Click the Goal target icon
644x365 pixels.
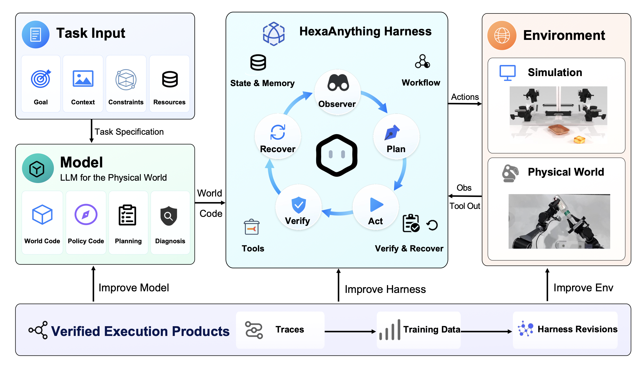[x=41, y=79]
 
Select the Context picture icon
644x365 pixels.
[x=83, y=78]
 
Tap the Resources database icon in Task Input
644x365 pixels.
[x=170, y=79]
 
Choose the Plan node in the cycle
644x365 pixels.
[x=396, y=137]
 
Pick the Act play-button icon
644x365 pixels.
[x=376, y=205]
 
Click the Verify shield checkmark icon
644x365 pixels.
[x=299, y=205]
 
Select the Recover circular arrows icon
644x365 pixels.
[x=278, y=132]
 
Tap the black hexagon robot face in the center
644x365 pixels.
[x=337, y=155]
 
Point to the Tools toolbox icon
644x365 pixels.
[x=252, y=227]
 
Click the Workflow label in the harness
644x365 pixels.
[x=421, y=83]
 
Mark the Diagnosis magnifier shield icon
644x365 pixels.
[x=169, y=216]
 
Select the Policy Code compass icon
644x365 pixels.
[x=86, y=214]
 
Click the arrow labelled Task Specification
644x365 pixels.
[x=92, y=131]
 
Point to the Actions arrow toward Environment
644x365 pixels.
[x=465, y=104]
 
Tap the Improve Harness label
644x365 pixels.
[x=385, y=289]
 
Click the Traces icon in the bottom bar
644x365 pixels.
[x=254, y=330]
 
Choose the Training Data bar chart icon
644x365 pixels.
[x=390, y=330]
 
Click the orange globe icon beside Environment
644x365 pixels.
[x=502, y=35]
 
